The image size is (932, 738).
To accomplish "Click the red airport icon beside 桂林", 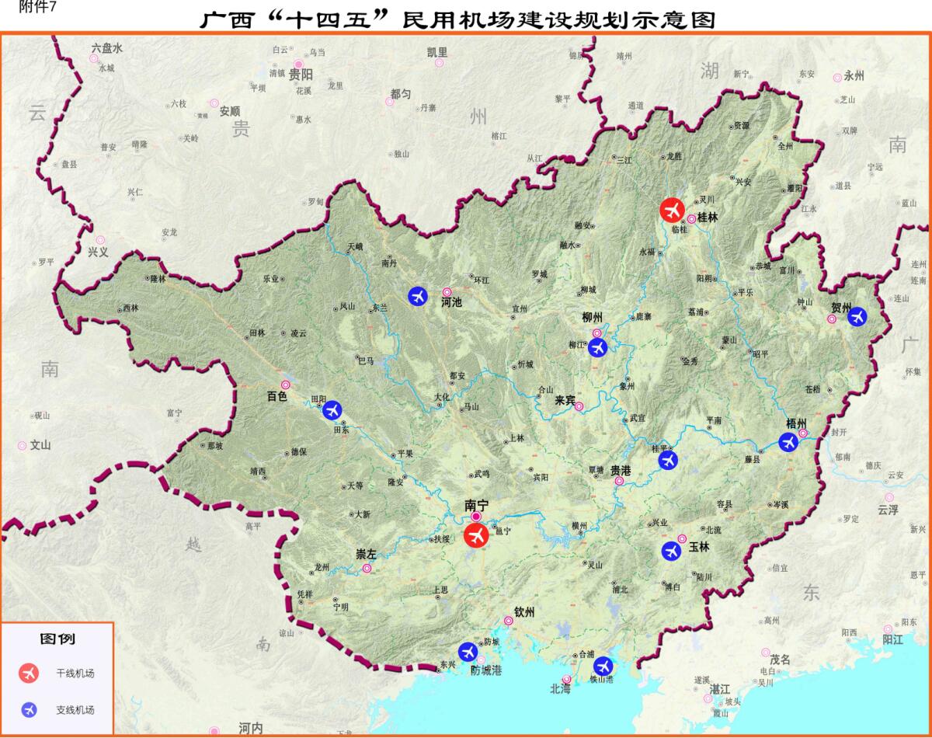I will pyautogui.click(x=671, y=210).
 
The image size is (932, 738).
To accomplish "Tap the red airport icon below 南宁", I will pyautogui.click(x=475, y=535).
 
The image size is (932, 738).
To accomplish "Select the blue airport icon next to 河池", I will pyautogui.click(x=418, y=296).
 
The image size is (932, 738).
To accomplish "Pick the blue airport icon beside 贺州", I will pyautogui.click(x=857, y=316).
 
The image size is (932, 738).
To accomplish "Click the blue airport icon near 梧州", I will pyautogui.click(x=788, y=442).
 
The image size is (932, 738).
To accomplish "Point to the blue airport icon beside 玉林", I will pyautogui.click(x=671, y=551).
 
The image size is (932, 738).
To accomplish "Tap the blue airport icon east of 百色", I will pyautogui.click(x=332, y=409).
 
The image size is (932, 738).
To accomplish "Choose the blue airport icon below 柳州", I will pyautogui.click(x=596, y=347).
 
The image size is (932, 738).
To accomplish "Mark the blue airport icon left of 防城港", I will pyautogui.click(x=468, y=651).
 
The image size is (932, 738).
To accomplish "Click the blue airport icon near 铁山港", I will pyautogui.click(x=603, y=666).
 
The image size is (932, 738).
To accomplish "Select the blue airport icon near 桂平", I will pyautogui.click(x=667, y=460).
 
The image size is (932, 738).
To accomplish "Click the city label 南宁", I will pyautogui.click(x=475, y=504).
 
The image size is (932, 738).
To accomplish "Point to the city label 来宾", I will pyautogui.click(x=565, y=401).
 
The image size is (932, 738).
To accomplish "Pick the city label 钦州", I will pyautogui.click(x=524, y=612).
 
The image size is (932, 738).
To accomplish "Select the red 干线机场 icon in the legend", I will pyautogui.click(x=30, y=674).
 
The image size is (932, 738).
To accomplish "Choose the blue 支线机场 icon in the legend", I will pyautogui.click(x=30, y=709).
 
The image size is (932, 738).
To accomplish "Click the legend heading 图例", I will pyautogui.click(x=57, y=639).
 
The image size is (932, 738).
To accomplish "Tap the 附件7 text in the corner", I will pyautogui.click(x=23, y=7).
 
